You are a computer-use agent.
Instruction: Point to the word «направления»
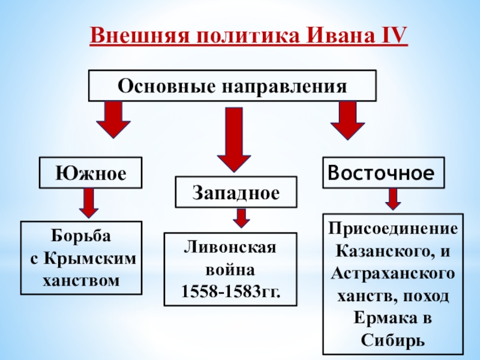(x=284, y=86)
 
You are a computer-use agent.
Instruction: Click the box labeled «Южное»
(x=91, y=173)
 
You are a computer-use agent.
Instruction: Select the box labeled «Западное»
(x=236, y=192)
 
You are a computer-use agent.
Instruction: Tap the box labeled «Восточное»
(x=383, y=173)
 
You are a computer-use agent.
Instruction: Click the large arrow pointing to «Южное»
(x=113, y=119)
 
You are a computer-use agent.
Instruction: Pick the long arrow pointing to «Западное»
(x=234, y=139)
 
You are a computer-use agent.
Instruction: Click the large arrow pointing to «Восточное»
(x=348, y=121)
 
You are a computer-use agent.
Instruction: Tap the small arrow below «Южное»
(x=89, y=203)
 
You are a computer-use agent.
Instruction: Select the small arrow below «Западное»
(x=242, y=218)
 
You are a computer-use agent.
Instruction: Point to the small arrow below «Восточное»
(x=393, y=199)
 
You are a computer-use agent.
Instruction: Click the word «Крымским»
(x=91, y=259)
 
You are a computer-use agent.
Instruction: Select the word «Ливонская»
(x=230, y=247)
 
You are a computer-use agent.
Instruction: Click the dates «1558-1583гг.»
(x=231, y=292)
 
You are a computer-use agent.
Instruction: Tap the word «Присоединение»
(x=393, y=229)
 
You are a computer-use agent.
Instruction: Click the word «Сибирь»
(x=393, y=340)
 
